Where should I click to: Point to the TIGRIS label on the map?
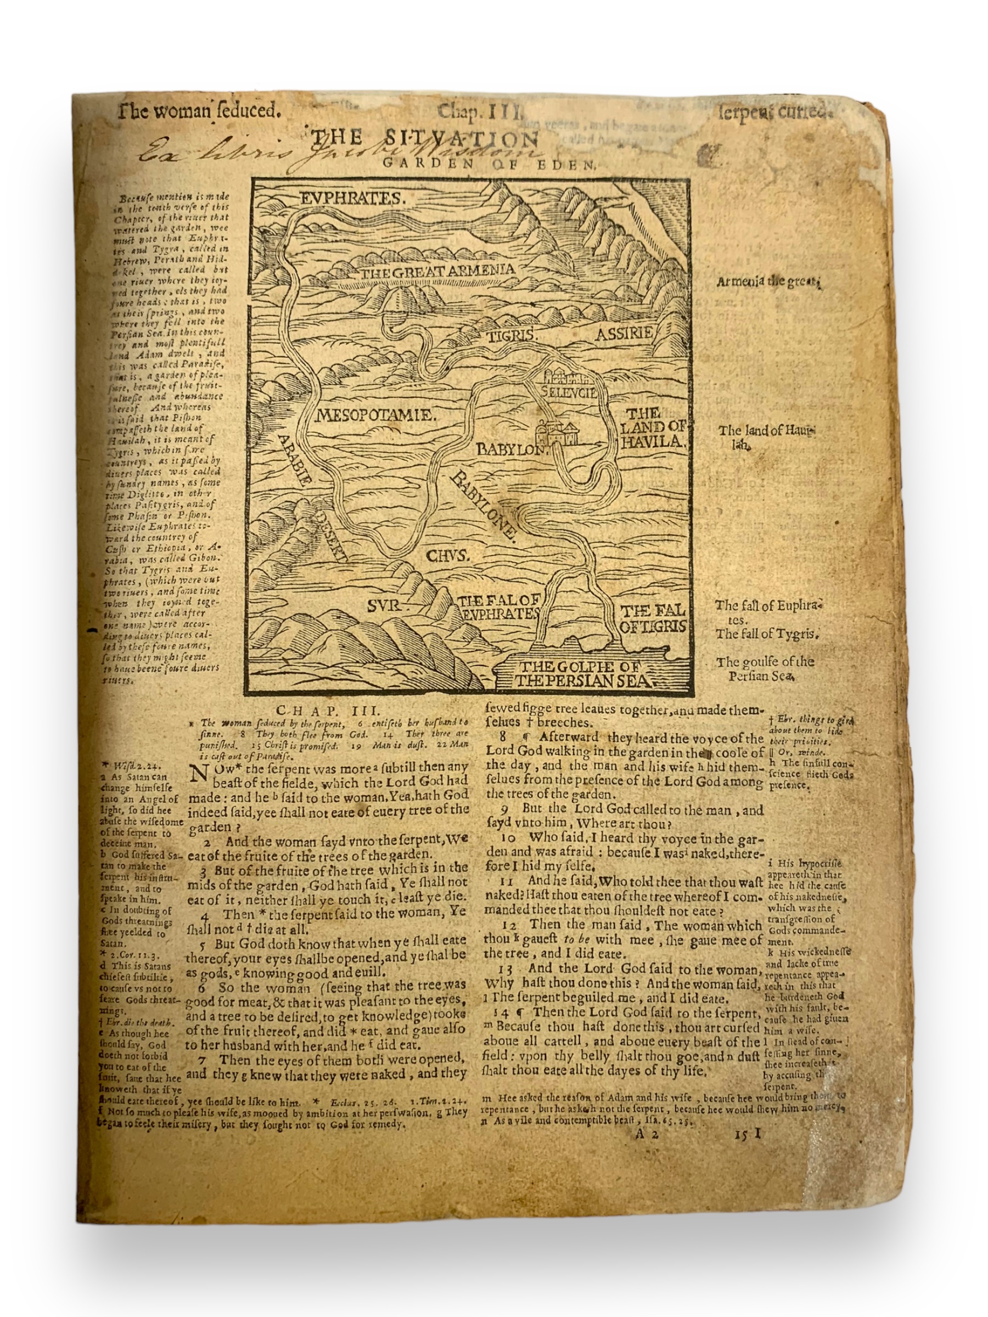click(x=513, y=336)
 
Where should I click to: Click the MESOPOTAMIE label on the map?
click(x=376, y=415)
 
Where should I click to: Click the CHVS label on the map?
click(x=448, y=556)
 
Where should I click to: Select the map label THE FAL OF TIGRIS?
click(x=653, y=618)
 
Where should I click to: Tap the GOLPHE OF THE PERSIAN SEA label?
click(x=583, y=673)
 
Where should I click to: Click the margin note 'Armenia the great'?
click(x=768, y=282)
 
